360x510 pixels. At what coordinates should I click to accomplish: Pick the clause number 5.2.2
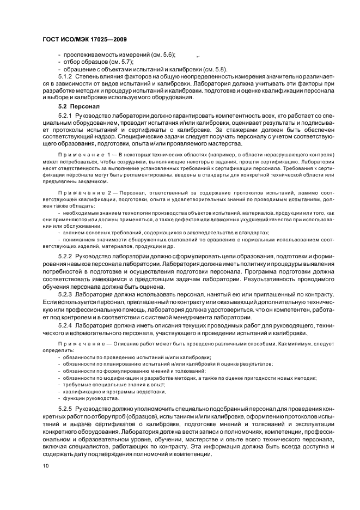(66, 256)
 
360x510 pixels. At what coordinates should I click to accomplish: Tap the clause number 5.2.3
(66, 294)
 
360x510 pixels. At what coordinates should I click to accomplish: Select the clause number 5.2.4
(66, 325)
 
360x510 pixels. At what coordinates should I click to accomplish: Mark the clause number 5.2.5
(66, 409)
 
